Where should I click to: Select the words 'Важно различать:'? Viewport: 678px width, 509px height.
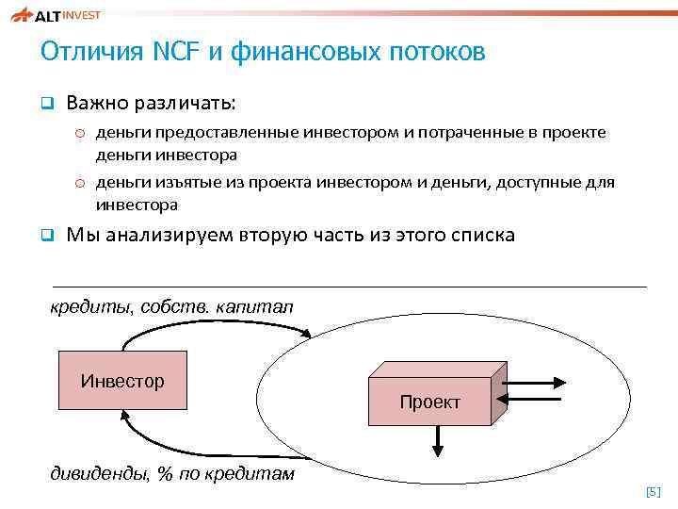(152, 101)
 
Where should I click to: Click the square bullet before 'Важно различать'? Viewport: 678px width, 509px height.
(45, 102)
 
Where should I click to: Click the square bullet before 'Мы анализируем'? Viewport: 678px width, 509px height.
(45, 235)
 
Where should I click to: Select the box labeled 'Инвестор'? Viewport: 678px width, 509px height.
(122, 382)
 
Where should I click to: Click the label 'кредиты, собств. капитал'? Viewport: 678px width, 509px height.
(171, 306)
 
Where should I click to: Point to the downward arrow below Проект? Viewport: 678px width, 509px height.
(438, 437)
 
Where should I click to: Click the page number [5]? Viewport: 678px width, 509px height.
(653, 491)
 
